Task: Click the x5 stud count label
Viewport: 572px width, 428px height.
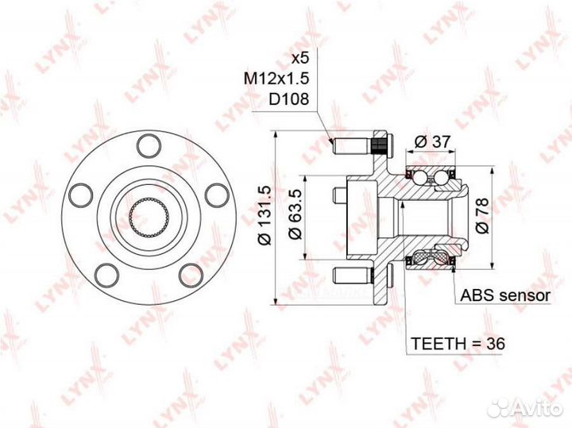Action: coord(300,58)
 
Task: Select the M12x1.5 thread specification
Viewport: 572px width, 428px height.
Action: coord(276,79)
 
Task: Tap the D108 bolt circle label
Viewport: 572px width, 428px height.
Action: coord(289,98)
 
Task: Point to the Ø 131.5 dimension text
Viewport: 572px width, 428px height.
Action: coord(265,215)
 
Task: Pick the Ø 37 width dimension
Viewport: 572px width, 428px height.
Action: coord(433,141)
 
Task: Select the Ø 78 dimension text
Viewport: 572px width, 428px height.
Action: coord(482,215)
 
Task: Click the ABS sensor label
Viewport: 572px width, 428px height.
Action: coord(505,295)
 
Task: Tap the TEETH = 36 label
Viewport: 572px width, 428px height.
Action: coord(458,343)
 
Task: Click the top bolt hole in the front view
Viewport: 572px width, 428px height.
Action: coord(149,146)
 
